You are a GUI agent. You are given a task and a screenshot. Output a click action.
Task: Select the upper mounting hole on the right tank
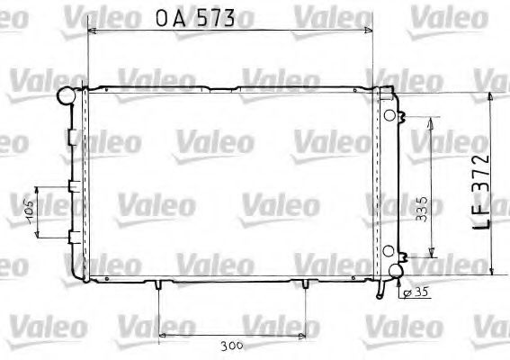coord(388,115)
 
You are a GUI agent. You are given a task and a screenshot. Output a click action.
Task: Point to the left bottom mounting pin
coord(158,285)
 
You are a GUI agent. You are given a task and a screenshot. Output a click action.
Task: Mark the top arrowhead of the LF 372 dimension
coord(493,95)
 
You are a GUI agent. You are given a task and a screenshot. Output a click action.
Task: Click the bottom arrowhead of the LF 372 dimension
coord(493,271)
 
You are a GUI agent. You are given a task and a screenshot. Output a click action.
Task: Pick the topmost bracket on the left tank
coord(70,136)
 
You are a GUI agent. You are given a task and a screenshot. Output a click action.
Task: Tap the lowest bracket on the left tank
coord(70,237)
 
